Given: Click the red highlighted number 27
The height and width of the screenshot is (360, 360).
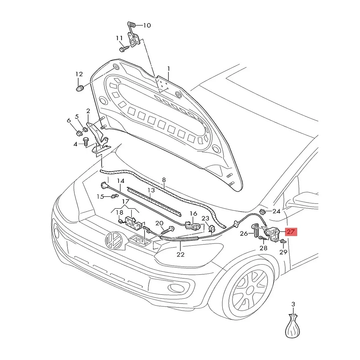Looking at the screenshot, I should coord(291,232).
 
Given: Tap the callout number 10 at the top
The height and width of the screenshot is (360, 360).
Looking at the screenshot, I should coord(147,25).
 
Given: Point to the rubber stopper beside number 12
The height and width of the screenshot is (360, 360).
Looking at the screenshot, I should coord(79,89).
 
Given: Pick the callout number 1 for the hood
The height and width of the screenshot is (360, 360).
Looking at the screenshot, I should coord(169,69).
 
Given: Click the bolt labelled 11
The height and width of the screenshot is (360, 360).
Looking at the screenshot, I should coord(124,48).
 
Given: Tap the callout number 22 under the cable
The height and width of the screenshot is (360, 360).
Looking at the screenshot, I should coord(180,254).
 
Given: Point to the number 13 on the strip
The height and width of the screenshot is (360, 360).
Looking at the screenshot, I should coord(151,190).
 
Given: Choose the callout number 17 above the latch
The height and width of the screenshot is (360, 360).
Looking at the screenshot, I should coord(125,202).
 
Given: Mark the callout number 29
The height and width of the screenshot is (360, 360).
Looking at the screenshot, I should coord(283,252).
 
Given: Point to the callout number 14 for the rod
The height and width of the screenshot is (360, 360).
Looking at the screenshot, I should coord(120,181).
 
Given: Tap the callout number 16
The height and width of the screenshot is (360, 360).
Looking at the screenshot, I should coord(193,214).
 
